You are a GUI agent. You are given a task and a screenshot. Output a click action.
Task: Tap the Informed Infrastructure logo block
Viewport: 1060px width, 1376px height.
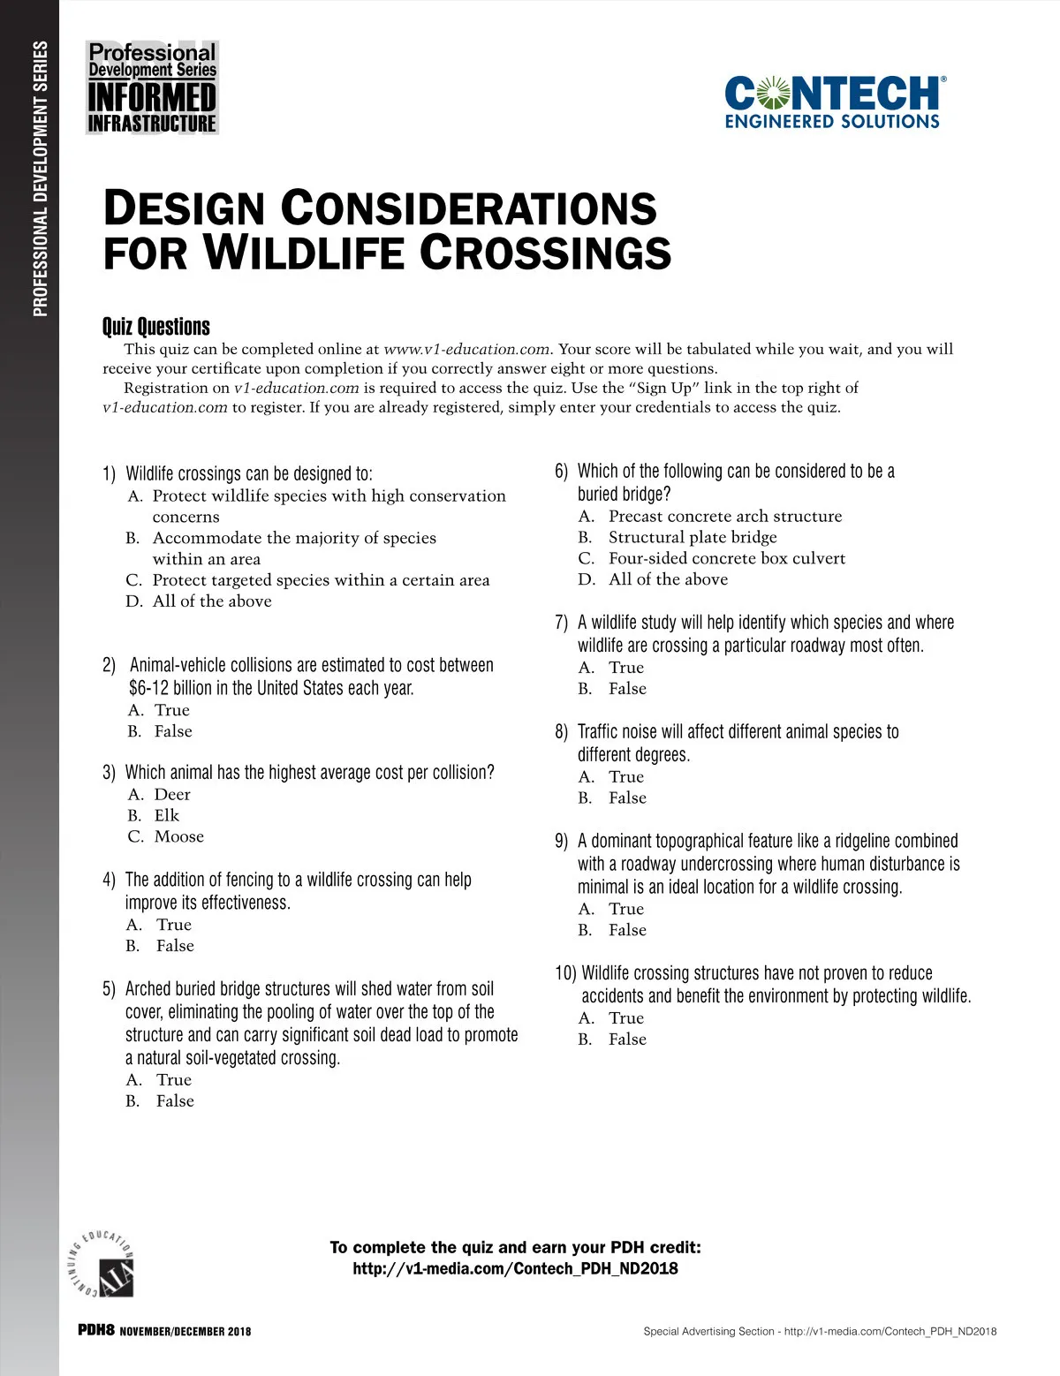[152, 87]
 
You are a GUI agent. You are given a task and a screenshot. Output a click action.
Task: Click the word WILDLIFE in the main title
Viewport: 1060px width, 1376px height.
[304, 253]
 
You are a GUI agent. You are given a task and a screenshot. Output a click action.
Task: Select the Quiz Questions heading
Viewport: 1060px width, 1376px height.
[156, 327]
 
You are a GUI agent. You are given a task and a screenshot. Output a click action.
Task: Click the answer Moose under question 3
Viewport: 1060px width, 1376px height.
[178, 836]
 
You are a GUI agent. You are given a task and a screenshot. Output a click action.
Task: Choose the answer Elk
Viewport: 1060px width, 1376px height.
[166, 815]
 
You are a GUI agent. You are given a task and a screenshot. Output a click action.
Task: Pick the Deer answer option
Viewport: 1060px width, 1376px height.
[172, 794]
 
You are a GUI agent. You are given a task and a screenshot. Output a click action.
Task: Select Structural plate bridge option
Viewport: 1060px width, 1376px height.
[693, 537]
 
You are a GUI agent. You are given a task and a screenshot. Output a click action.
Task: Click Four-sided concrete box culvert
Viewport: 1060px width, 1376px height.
[726, 558]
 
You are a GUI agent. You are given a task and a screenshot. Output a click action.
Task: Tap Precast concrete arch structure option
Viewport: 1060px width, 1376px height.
[724, 516]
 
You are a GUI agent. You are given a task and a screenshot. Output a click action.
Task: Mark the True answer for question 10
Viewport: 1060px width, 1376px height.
[625, 1017]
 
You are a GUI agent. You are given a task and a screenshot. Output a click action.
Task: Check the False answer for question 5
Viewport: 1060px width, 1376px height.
[175, 1100]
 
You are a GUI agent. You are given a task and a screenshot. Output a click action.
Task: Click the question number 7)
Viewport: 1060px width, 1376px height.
[562, 623]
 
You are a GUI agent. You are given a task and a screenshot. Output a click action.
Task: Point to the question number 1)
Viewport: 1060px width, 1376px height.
[110, 474]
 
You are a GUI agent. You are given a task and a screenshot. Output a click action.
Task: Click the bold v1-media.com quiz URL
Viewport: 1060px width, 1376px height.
[515, 1268]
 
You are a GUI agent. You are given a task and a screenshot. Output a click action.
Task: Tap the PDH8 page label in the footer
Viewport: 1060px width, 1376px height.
[96, 1330]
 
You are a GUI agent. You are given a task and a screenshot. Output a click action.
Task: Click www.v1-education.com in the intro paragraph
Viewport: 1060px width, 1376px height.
[466, 349]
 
